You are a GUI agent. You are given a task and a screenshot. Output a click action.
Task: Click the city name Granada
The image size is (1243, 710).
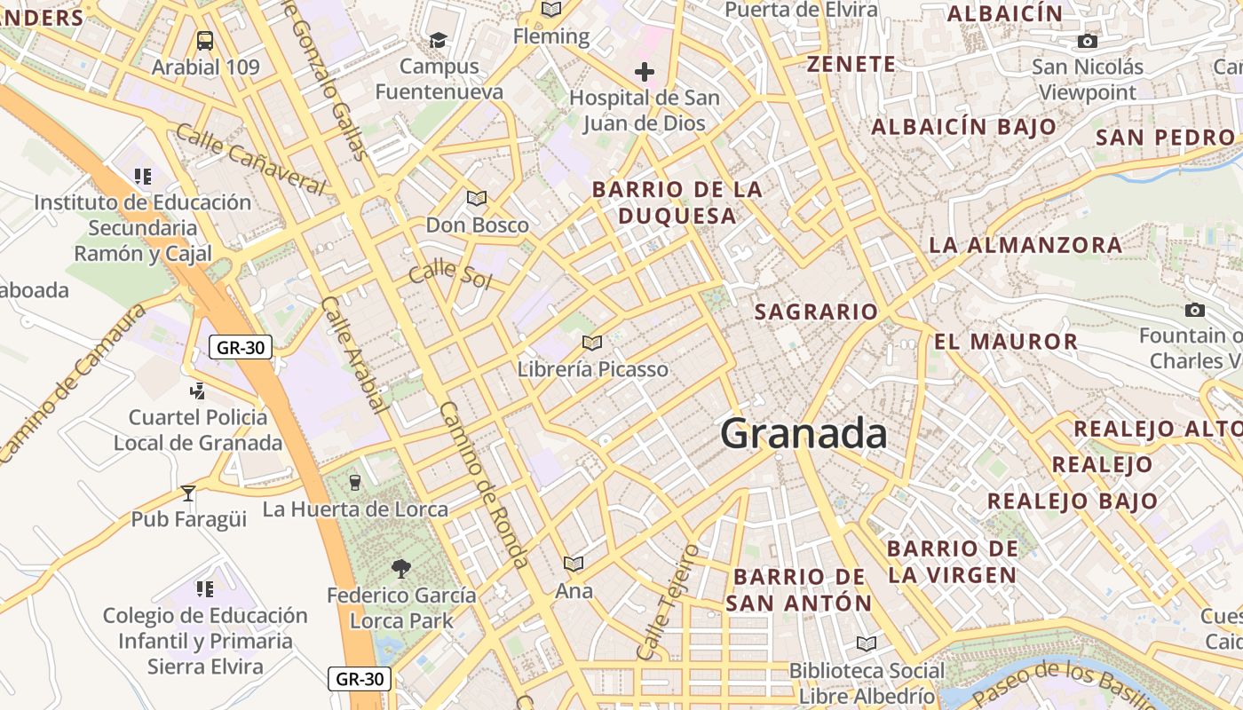coord(804,434)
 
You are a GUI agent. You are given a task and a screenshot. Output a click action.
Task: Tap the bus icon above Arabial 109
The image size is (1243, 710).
coord(205,40)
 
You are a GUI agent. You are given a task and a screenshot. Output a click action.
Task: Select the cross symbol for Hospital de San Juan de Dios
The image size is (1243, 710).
coord(645,72)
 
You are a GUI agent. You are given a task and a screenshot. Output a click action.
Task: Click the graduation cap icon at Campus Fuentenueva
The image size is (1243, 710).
coord(438,40)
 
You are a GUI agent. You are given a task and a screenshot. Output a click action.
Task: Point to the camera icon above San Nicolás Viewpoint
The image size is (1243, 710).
coord(1087,41)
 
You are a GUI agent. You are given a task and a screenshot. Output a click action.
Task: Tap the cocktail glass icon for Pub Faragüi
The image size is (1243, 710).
coord(188,493)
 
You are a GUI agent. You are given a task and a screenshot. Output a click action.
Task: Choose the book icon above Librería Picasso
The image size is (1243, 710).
coord(592,343)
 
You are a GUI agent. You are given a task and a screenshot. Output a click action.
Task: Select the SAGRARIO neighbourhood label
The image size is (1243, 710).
coord(816,312)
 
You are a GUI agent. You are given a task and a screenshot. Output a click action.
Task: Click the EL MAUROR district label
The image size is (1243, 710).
coord(1006,341)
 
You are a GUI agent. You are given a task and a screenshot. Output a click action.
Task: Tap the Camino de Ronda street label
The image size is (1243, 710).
coord(485,484)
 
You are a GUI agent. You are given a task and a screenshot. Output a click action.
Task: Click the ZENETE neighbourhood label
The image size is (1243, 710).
coord(851,64)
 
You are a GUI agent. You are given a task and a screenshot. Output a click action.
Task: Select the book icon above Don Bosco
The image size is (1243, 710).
coord(477,198)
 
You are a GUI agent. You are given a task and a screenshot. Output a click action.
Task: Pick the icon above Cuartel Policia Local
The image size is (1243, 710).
coord(198,390)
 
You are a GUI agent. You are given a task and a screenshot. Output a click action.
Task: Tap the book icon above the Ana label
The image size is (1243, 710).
coord(574,564)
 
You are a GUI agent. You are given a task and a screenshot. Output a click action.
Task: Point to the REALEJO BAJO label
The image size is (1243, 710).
coord(1073,501)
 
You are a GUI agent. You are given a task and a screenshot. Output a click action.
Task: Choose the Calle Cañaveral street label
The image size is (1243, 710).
coord(251,158)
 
